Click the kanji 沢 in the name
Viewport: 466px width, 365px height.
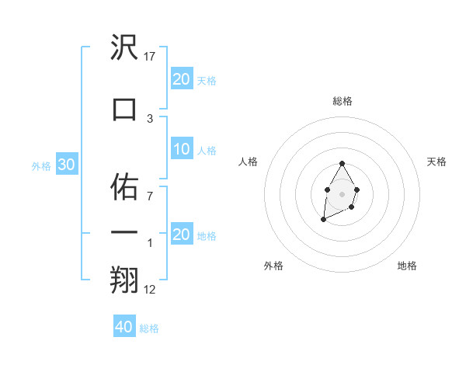click(x=125, y=48)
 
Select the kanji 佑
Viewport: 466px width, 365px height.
click(x=125, y=186)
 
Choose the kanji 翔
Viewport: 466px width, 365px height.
click(x=125, y=280)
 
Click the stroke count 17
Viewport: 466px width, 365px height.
click(x=151, y=57)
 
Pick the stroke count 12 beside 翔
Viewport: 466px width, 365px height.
click(x=151, y=290)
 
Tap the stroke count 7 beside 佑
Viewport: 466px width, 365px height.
click(x=149, y=196)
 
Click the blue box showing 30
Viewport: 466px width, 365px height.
click(x=66, y=165)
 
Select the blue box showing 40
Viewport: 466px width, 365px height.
click(x=124, y=327)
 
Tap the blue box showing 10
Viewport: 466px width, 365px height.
click(x=182, y=149)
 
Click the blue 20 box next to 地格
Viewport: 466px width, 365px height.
click(x=182, y=235)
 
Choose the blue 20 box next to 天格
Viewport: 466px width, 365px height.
click(x=182, y=78)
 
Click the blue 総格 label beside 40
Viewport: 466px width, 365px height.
click(x=149, y=328)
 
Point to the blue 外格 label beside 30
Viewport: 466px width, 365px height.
click(x=41, y=165)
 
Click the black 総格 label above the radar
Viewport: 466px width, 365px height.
click(x=342, y=101)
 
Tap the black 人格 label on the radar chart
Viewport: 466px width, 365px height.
click(x=249, y=162)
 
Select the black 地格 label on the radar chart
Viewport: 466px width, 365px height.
click(x=407, y=266)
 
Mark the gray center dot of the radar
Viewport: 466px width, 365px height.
click(x=342, y=193)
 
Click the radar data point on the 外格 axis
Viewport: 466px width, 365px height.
click(x=323, y=221)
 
